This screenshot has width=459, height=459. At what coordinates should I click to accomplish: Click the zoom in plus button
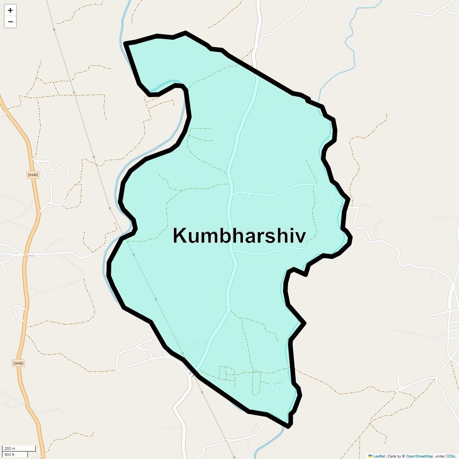[x=10, y=10]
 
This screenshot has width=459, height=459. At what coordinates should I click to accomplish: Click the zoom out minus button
[x=10, y=22]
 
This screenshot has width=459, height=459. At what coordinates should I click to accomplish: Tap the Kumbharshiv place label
[x=239, y=236]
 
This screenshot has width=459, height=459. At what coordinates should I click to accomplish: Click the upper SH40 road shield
[x=33, y=175]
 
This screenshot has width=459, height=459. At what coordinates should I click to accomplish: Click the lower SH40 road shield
[x=18, y=363]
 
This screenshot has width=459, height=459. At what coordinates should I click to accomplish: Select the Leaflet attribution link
[x=379, y=456]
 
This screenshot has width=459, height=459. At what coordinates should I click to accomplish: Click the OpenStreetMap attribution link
[x=419, y=456]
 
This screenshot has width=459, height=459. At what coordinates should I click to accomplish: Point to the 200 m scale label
[x=10, y=449]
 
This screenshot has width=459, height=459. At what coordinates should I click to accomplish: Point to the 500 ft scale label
[x=10, y=454]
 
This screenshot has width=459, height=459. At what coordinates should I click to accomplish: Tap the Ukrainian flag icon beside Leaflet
[x=370, y=456]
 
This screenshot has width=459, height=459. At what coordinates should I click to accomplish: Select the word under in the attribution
[x=440, y=456]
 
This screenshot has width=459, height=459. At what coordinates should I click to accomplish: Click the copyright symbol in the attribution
[x=404, y=456]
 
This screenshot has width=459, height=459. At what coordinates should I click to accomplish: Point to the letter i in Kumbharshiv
[x=292, y=236]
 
